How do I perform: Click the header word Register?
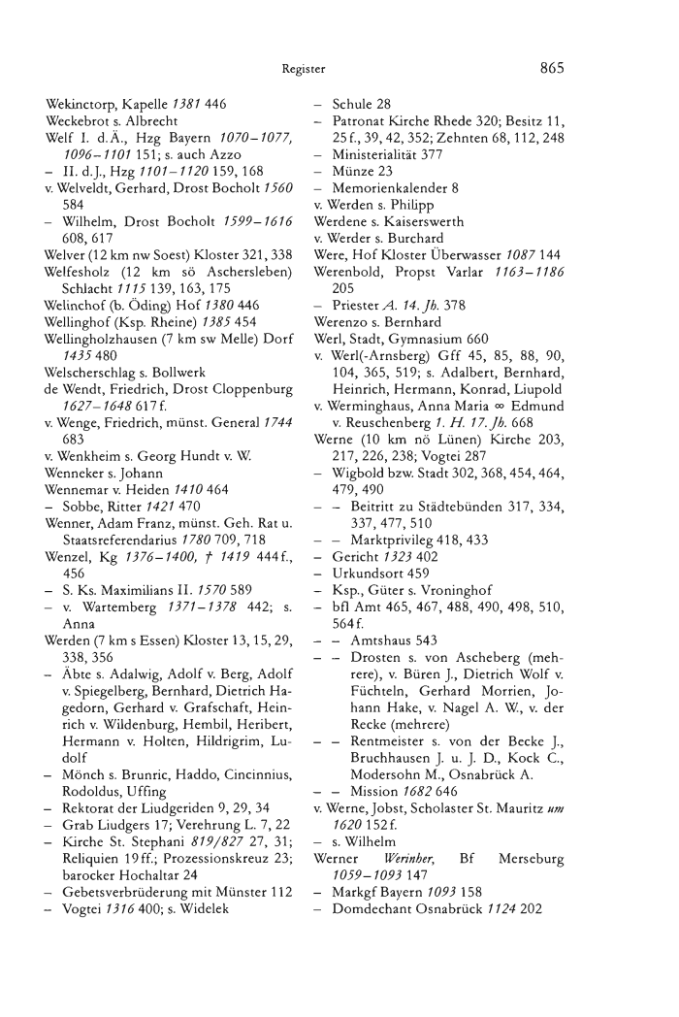pyautogui.click(x=304, y=70)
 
